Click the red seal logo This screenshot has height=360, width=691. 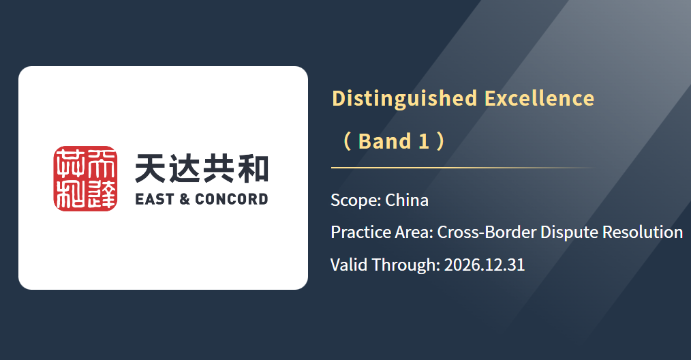click(85, 179)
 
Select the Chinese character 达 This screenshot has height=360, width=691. click(185, 168)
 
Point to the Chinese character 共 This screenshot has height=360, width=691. click(219, 168)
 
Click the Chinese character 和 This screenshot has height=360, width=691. click(253, 168)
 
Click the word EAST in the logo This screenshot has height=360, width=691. click(155, 199)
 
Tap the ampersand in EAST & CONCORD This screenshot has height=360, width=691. click(185, 199)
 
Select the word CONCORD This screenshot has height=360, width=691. click(232, 199)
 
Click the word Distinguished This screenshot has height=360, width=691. click(405, 99)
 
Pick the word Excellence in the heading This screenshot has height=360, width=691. click(540, 98)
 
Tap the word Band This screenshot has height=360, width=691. click(385, 142)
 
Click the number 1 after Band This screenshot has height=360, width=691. click(424, 142)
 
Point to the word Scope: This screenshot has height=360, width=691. click(356, 200)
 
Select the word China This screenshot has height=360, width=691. click(407, 200)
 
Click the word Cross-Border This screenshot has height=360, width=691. click(486, 232)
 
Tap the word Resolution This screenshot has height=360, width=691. click(643, 232)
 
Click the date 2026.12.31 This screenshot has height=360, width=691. click(485, 265)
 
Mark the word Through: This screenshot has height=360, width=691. click(406, 265)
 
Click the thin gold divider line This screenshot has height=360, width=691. click(463, 168)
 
